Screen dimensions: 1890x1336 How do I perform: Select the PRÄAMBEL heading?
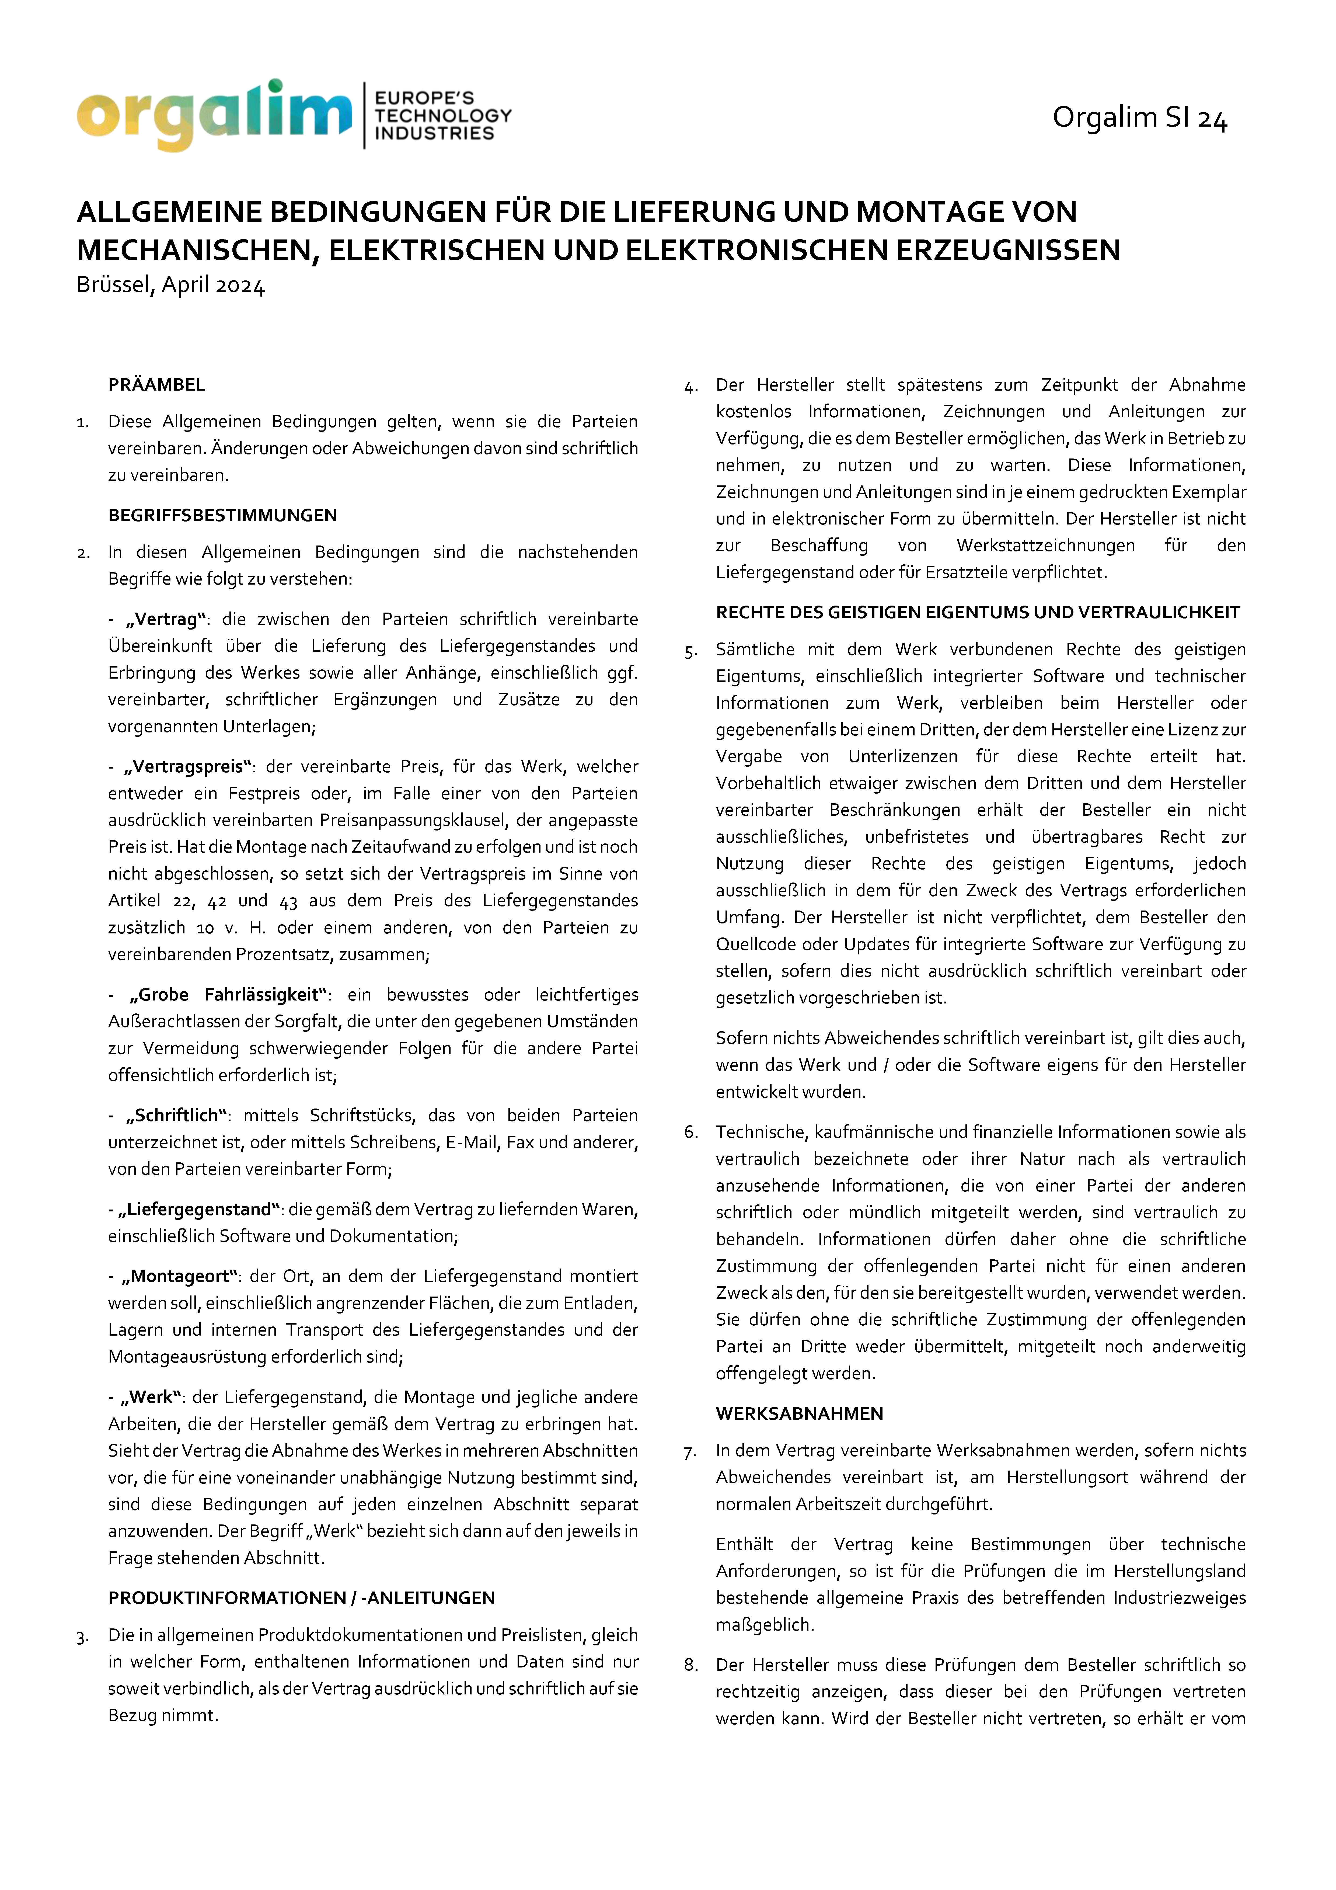pos(156,384)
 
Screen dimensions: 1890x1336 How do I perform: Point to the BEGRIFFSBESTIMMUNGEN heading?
pos(222,515)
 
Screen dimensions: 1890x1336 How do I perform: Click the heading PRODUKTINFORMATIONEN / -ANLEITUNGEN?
pos(301,1598)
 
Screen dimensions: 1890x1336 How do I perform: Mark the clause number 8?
pos(691,1665)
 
